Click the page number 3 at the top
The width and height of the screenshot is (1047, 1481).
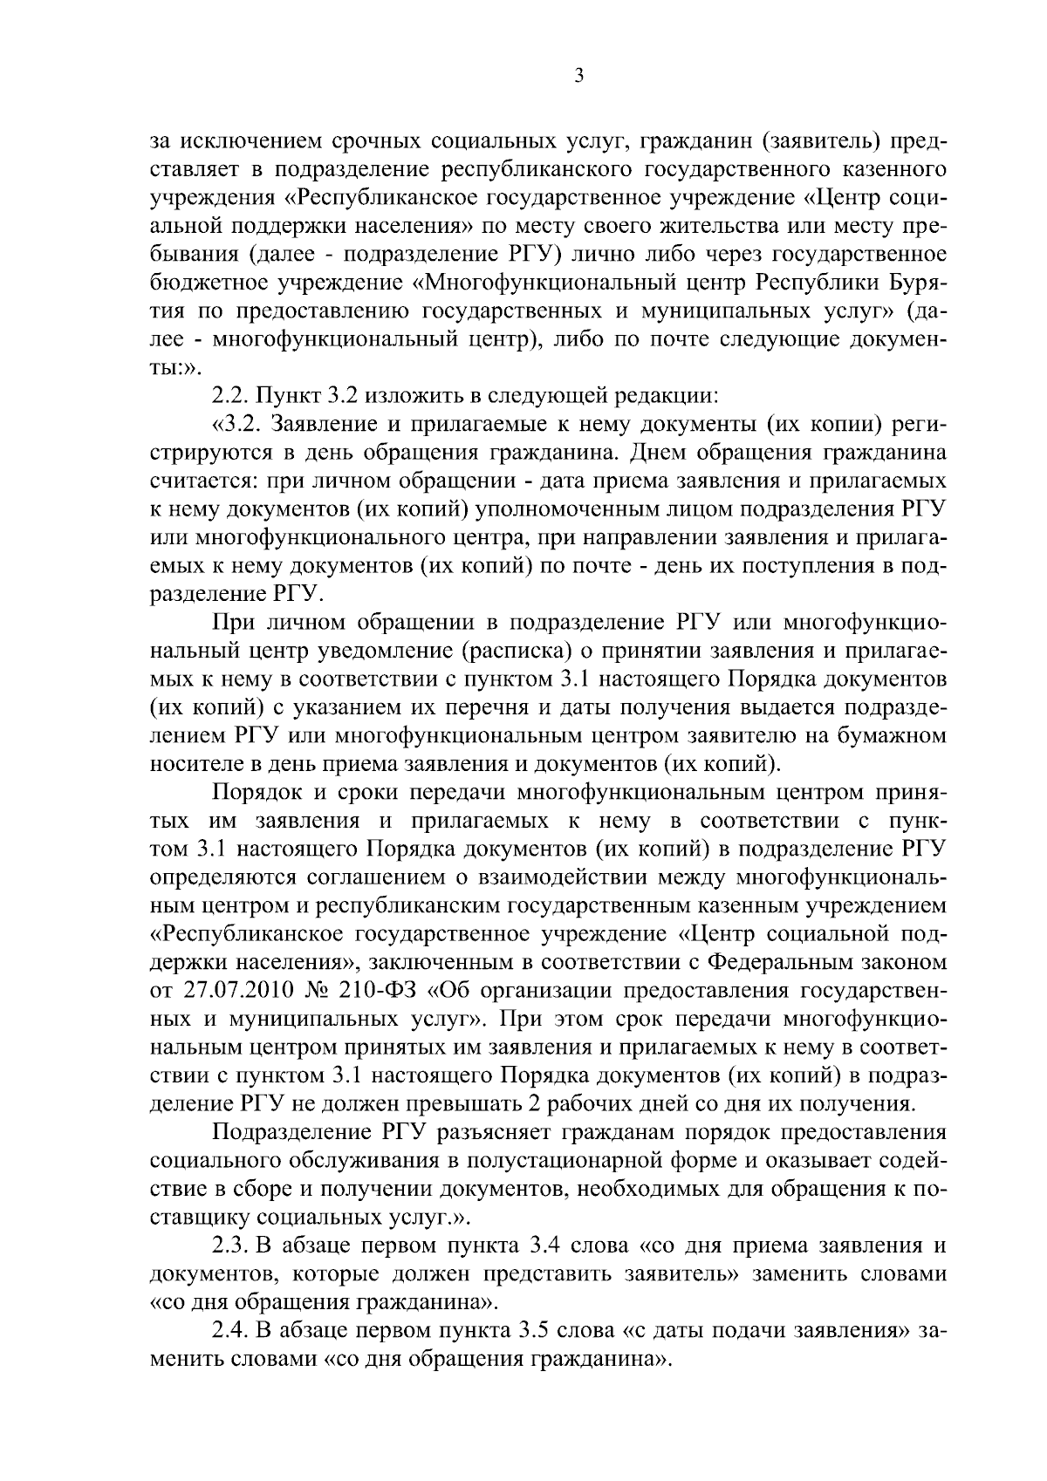click(578, 76)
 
